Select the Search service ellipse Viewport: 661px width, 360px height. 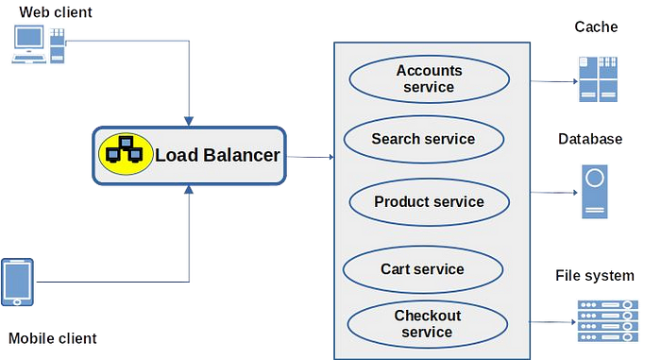[422, 140]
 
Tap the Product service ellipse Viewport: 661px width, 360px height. [429, 202]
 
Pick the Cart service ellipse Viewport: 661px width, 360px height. [422, 269]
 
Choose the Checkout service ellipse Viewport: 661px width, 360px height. [427, 324]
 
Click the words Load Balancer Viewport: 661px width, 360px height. [216, 155]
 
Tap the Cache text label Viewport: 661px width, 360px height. [596, 27]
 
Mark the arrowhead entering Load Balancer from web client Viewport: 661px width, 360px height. [192, 119]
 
